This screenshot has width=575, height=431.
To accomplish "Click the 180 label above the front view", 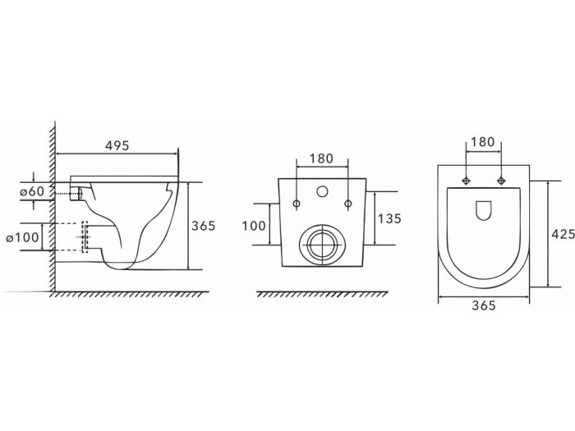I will [320, 158].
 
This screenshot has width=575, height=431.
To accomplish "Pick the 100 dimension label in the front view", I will [255, 224].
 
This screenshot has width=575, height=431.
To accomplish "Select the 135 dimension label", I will [390, 219].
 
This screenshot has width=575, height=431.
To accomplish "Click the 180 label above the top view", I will [483, 142].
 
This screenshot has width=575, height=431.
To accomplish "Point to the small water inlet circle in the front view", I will [321, 194].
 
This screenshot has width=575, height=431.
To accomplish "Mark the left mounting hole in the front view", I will [294, 202].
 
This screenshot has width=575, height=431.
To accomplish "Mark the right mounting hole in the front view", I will [348, 202].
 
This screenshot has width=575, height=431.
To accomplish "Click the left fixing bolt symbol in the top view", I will [466, 181].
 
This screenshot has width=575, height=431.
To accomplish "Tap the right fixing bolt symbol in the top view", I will [500, 181].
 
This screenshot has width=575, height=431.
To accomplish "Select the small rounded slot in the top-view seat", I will [483, 211].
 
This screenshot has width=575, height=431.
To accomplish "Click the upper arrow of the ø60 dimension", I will [32, 176].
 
